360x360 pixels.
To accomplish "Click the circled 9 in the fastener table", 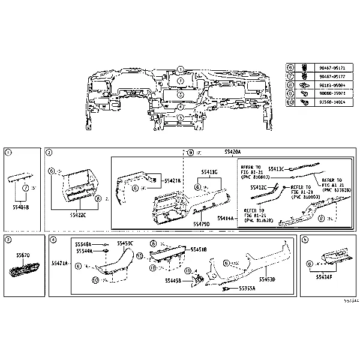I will click(290, 94).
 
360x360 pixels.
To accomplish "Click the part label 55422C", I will click(78, 214).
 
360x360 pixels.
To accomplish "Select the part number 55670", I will click(22, 255).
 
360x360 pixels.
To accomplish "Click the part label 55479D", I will click(201, 223).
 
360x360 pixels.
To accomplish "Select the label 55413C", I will click(276, 169).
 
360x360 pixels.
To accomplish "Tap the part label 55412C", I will click(259, 187).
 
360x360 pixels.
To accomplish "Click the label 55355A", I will click(247, 288).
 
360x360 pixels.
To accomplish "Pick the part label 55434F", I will click(324, 278).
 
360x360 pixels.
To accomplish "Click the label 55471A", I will click(60, 263).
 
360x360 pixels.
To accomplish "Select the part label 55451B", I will click(198, 249).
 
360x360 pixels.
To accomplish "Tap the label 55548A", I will click(83, 244).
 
